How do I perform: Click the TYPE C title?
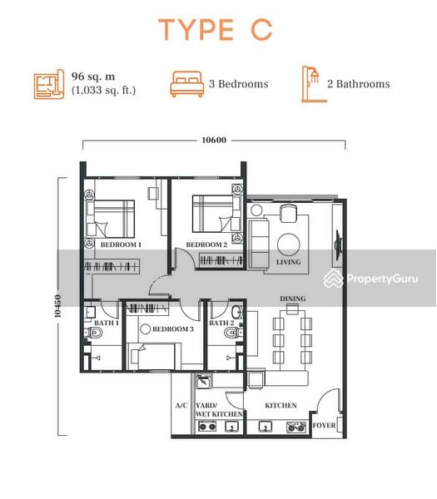(x=216, y=30)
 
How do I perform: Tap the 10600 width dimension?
(x=214, y=140)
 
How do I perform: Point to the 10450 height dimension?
(x=57, y=306)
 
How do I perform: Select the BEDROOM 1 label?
(x=121, y=245)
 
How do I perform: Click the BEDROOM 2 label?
(x=206, y=245)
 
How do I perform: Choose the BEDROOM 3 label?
(x=173, y=329)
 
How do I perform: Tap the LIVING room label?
(x=289, y=262)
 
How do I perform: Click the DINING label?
(x=293, y=299)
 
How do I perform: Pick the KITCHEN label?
(x=281, y=406)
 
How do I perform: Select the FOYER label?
(x=324, y=426)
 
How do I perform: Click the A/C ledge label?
(x=181, y=406)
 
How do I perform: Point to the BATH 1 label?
(x=107, y=323)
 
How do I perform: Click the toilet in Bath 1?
(x=93, y=333)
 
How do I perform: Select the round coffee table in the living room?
(x=289, y=245)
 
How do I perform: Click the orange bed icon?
(x=187, y=84)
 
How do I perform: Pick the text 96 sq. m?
(x=93, y=77)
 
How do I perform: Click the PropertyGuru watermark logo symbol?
(x=334, y=278)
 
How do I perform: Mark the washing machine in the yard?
(x=203, y=382)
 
